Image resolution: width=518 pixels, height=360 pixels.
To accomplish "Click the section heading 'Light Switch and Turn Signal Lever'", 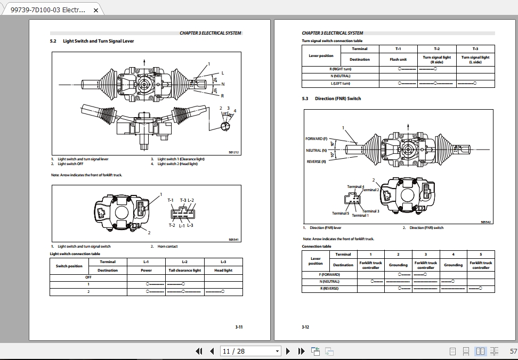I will point(98,41).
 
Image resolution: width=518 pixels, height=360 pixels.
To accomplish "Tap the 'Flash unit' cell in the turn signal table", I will point(398,60).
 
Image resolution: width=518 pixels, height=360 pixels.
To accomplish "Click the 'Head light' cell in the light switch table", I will point(223,271).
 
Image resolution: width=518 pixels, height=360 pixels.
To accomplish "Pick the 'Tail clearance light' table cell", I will point(184,271).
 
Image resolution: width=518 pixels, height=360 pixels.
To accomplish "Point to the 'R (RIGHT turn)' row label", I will point(340,69).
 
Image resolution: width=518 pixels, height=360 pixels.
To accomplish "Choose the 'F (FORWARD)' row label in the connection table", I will point(329,274).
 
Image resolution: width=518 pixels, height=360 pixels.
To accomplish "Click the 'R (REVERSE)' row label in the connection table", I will point(329,288).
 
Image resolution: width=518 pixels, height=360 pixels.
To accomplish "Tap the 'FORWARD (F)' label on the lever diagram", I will point(316,139).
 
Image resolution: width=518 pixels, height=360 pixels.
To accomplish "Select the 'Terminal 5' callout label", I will point(341,213).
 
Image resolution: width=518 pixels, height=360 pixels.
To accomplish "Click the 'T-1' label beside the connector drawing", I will point(171,200).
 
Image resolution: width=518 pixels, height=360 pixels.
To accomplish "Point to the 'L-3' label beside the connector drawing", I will point(190,225).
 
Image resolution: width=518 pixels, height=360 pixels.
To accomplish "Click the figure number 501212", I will point(234,153).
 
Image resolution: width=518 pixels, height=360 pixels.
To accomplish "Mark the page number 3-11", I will point(239,327).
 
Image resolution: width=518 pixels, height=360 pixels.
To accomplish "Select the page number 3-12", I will point(305,327).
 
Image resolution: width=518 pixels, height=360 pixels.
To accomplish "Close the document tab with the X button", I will point(96,10).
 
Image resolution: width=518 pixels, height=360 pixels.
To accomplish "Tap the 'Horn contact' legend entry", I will point(167,247).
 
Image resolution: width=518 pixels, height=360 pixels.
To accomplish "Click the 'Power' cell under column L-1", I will point(146,271).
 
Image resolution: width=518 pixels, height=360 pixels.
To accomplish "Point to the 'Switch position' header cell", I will point(69,266).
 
